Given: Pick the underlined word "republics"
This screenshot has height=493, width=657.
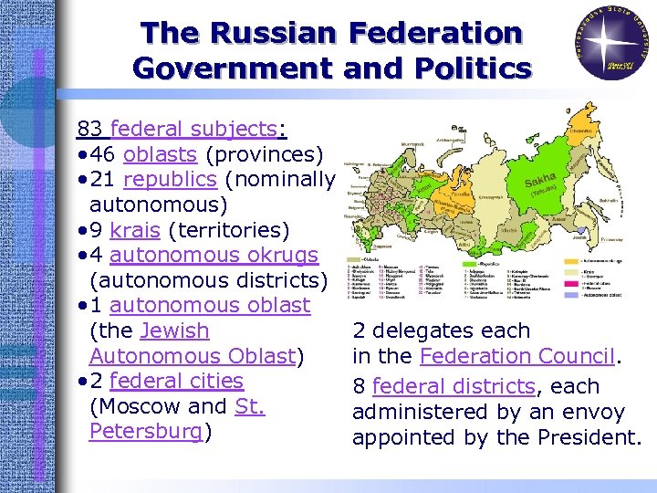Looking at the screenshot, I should tap(169, 179).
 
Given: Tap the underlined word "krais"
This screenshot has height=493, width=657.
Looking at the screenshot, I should tap(134, 229).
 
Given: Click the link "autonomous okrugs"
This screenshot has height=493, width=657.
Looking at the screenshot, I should tap(214, 255).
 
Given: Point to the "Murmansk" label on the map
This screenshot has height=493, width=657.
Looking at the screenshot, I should tap(413, 143).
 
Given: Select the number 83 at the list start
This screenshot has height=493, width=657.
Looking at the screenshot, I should tap(89, 129).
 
